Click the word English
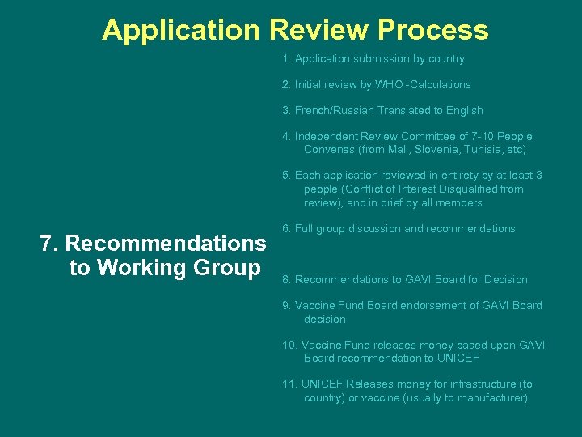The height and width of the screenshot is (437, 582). pyautogui.click(x=464, y=111)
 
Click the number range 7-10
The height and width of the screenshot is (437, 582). pyautogui.click(x=463, y=137)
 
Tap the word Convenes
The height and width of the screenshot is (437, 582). pyautogui.click(x=328, y=150)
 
